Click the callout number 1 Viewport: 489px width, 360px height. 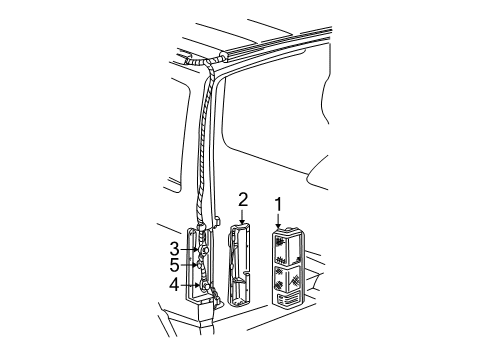coord(278,207)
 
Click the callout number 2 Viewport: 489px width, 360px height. coord(242,200)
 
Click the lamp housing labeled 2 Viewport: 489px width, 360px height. coord(242,265)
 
